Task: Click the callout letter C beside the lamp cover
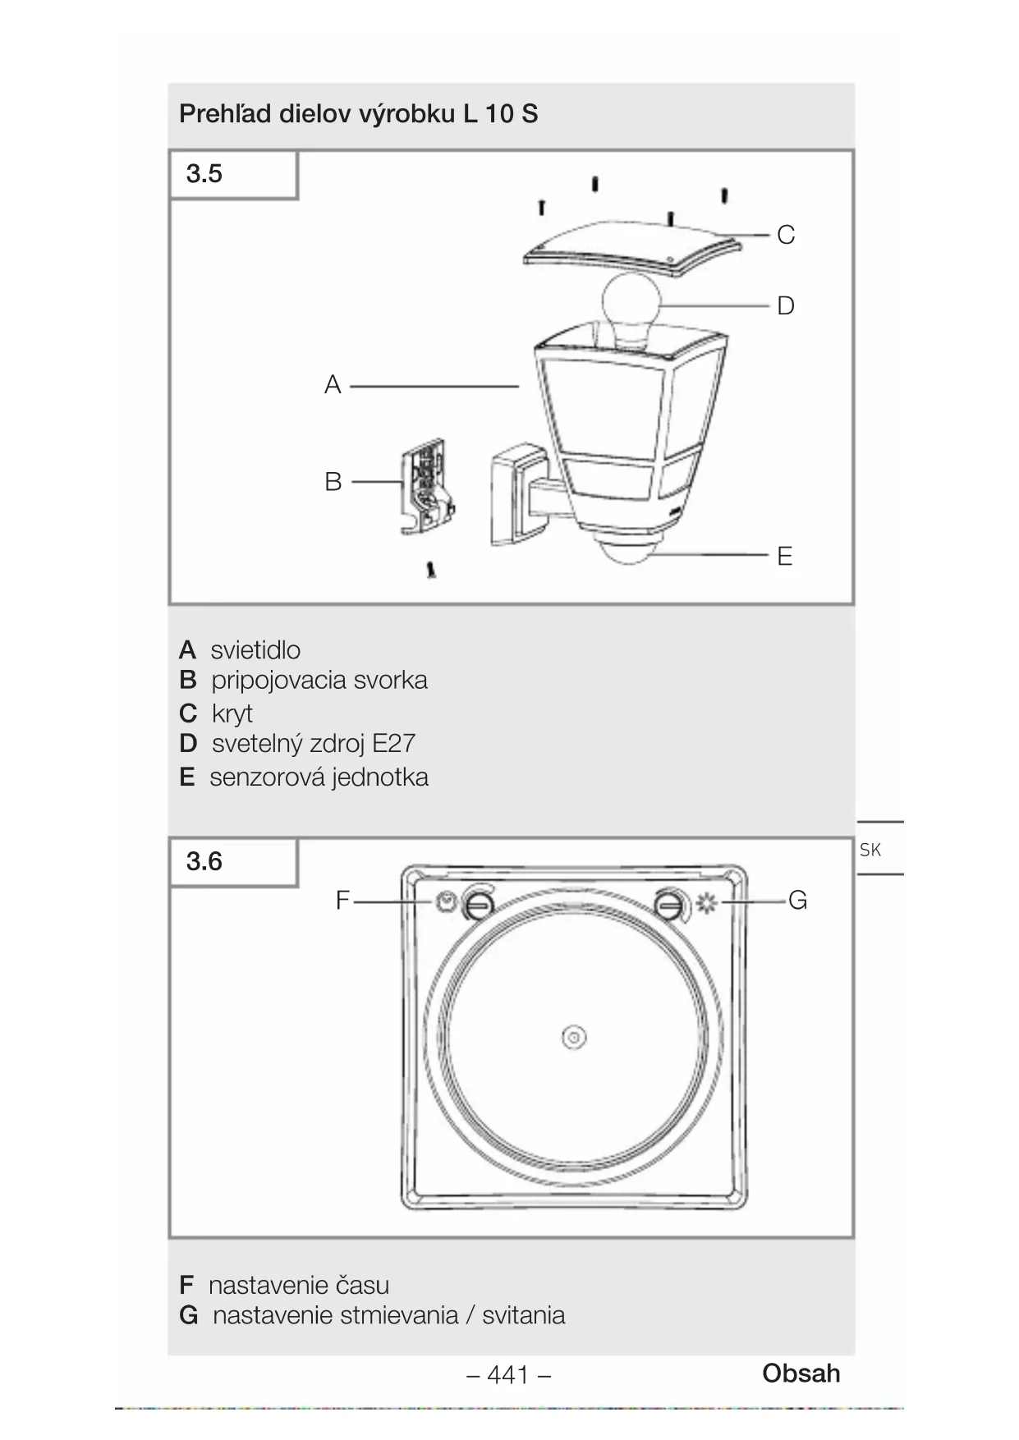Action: (786, 235)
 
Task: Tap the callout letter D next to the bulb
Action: (786, 305)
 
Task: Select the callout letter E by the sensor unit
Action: (785, 556)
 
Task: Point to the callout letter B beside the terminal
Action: (333, 481)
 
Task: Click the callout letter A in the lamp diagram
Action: (333, 384)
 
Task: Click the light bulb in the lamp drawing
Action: (631, 308)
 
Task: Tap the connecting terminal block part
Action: (427, 486)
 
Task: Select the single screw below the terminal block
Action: (431, 570)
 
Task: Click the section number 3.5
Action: (204, 173)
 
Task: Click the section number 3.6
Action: (204, 861)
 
